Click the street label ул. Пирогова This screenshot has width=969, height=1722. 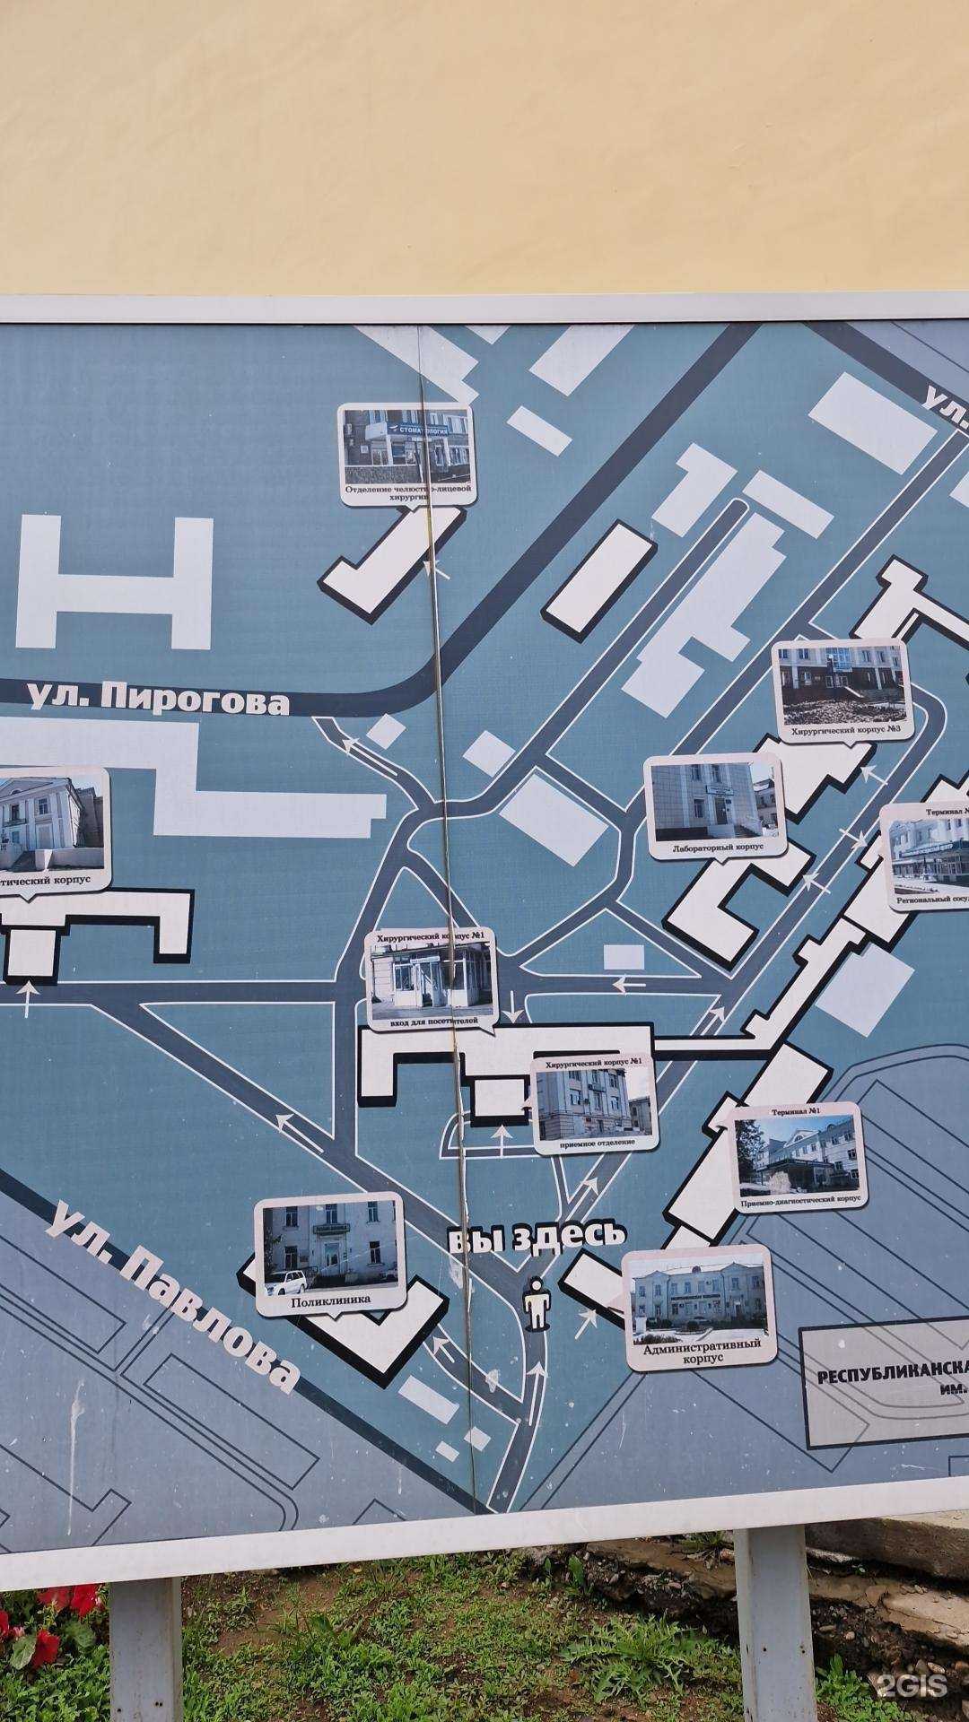tap(160, 700)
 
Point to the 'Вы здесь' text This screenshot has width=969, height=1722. tap(536, 1237)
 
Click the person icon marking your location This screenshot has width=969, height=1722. tap(537, 1305)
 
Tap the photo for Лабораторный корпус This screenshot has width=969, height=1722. tap(714, 800)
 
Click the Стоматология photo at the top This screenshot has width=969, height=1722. tap(407, 444)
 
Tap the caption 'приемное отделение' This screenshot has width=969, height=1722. tap(595, 1143)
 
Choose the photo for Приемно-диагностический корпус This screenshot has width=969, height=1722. tap(797, 1152)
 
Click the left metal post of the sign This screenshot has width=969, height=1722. tap(144, 1650)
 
